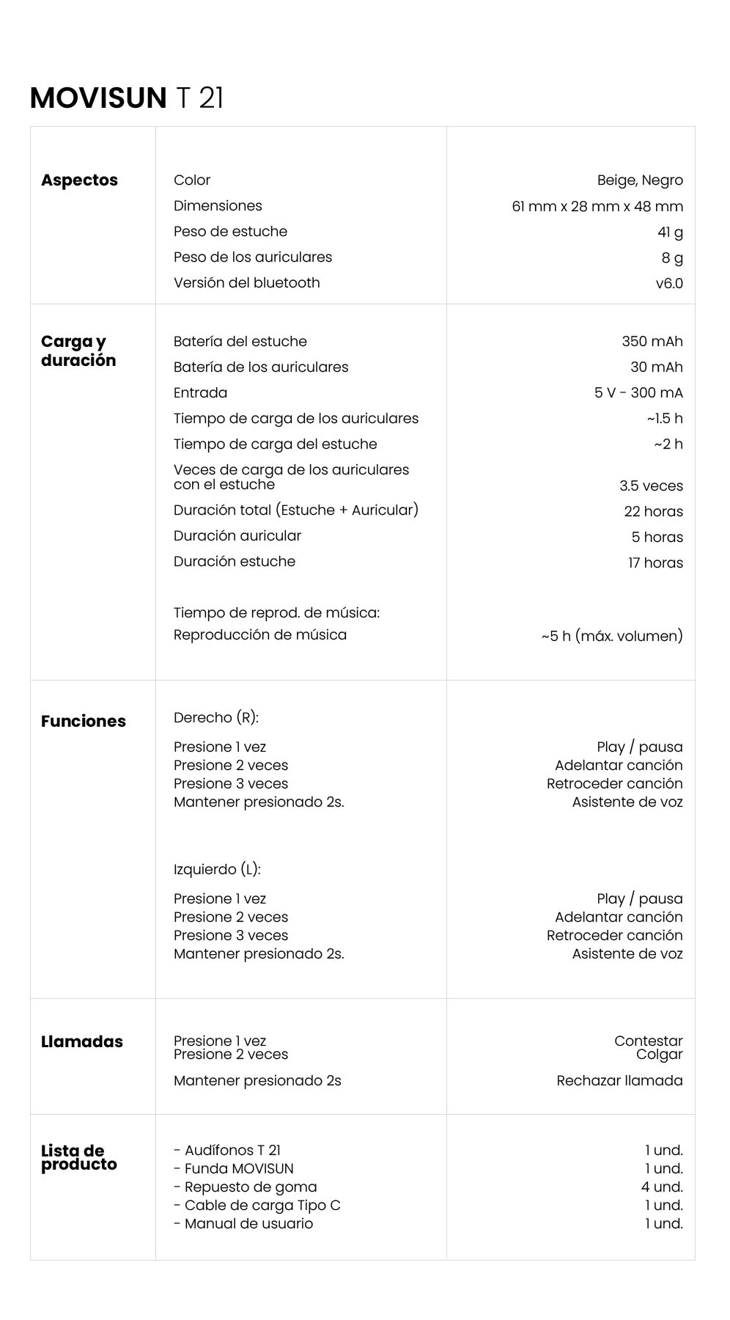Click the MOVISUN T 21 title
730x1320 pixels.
pyautogui.click(x=126, y=98)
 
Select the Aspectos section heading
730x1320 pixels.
pyautogui.click(x=79, y=180)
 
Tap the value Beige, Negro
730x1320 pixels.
pyautogui.click(x=639, y=180)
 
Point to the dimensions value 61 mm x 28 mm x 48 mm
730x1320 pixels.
pyautogui.click(x=597, y=207)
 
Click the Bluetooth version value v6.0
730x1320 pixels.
pyautogui.click(x=668, y=284)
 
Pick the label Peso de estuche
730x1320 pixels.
pyautogui.click(x=230, y=232)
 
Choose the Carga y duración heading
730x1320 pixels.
pyautogui.click(x=78, y=351)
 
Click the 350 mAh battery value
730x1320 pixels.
pyautogui.click(x=652, y=342)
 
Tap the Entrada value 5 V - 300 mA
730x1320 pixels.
pyautogui.click(x=638, y=393)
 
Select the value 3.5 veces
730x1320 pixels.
pyautogui.click(x=650, y=486)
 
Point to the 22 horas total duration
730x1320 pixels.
pyautogui.click(x=653, y=512)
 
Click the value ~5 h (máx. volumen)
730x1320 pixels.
pyautogui.click(x=611, y=636)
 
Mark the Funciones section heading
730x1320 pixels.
pyautogui.click(x=83, y=722)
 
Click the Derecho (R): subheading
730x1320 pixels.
pyautogui.click(x=215, y=718)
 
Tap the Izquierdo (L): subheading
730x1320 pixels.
pyautogui.click(x=217, y=870)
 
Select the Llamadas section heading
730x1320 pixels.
pyautogui.click(x=81, y=1042)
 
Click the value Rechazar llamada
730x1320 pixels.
pyautogui.click(x=619, y=1081)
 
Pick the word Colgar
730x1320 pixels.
pyautogui.click(x=659, y=1055)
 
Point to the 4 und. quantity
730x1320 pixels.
pyautogui.click(x=662, y=1187)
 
